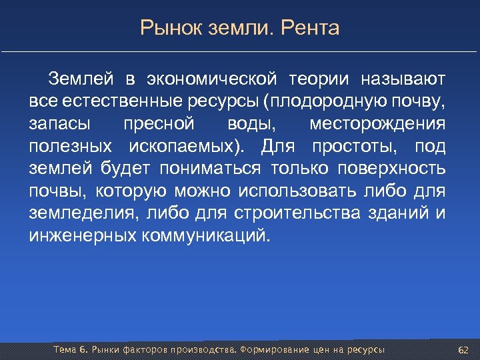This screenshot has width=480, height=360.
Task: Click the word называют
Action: point(403,81)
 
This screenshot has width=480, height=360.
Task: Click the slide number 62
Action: point(465,351)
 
